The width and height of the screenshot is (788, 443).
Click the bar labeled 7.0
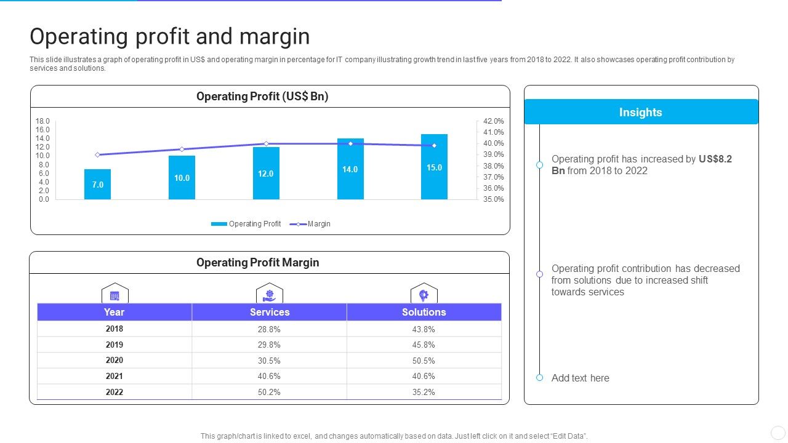pos(97,184)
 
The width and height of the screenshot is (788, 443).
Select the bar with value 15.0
pos(434,167)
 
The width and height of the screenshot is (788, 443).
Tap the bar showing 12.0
pos(266,174)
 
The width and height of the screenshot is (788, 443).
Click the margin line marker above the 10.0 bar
pos(182,150)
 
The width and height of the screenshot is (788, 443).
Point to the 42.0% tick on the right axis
pos(493,121)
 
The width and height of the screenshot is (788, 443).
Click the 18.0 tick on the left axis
pos(42,121)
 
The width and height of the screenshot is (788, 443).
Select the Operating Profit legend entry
pos(246,224)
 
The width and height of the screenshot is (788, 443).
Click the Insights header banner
pos(641,112)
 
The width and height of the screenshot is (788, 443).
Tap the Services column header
pos(270,312)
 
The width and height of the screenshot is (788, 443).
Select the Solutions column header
pos(424,312)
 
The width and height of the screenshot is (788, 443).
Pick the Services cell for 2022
pos(269,392)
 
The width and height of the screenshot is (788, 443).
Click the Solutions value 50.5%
pos(424,361)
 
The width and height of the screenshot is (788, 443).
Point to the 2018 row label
pos(115,329)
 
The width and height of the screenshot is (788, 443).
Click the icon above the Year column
pos(115,294)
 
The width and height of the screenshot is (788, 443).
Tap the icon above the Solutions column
pos(424,294)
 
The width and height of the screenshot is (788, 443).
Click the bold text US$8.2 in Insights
pos(715,159)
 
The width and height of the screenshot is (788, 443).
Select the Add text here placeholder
pos(580,378)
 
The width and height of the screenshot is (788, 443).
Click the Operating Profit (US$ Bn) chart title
pos(262,97)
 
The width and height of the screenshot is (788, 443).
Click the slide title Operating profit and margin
pos(170,37)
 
